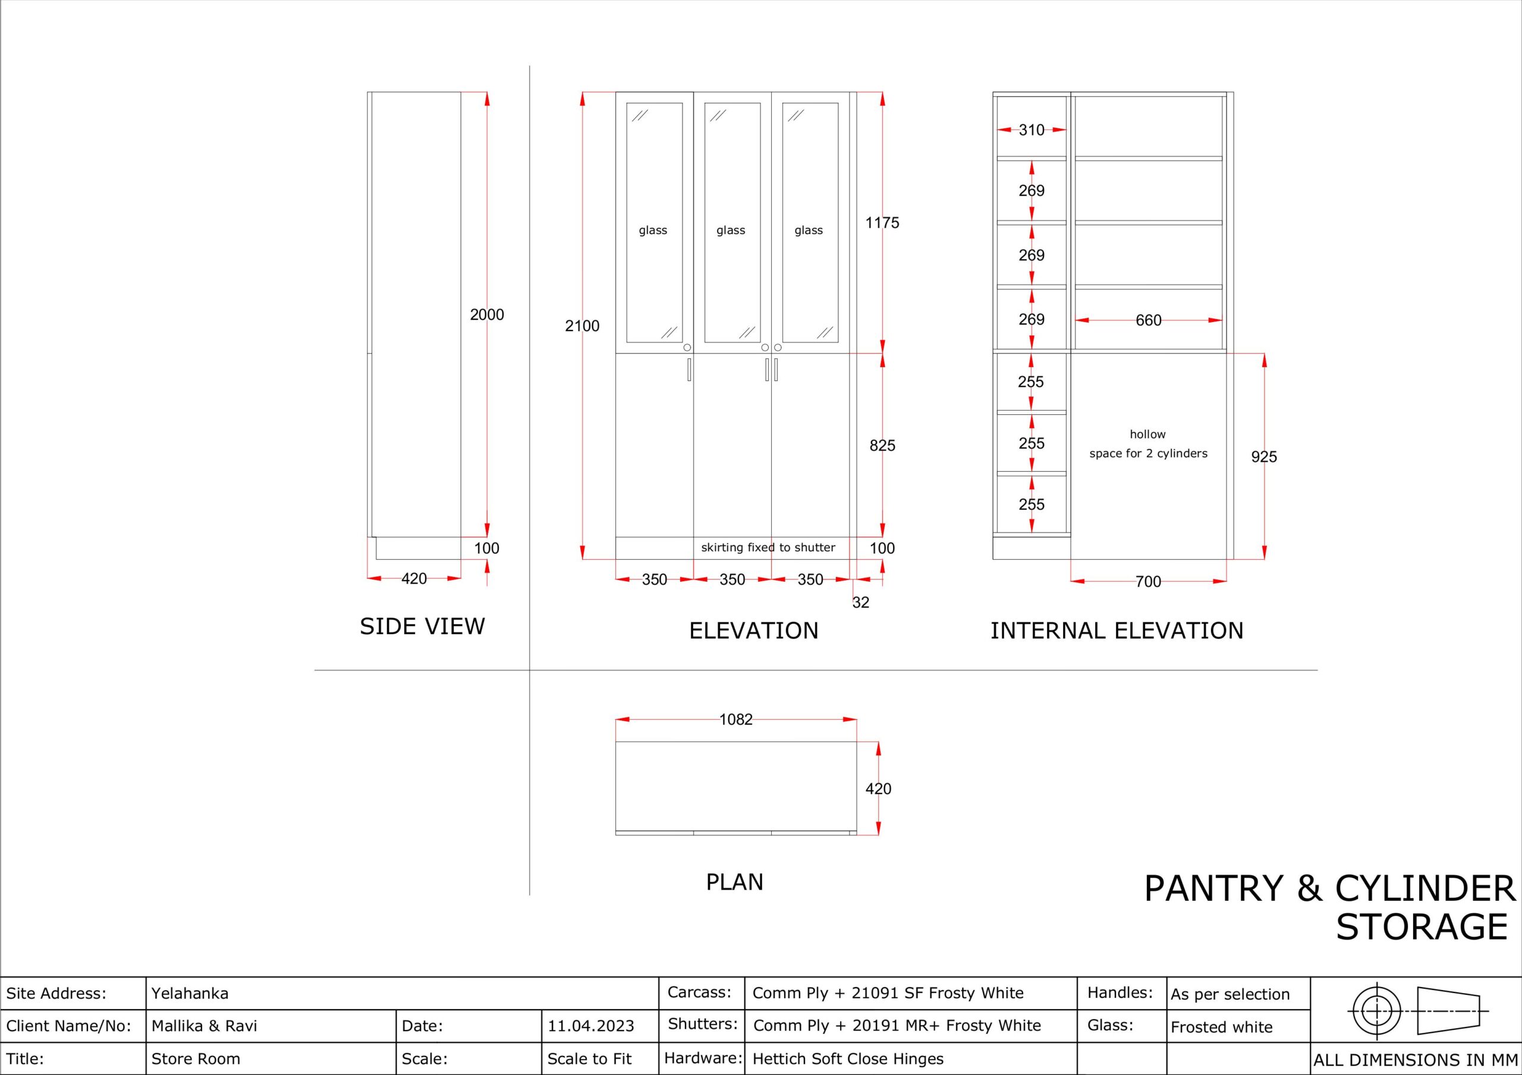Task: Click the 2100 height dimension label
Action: coord(581,326)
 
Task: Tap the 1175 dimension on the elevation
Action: coord(882,223)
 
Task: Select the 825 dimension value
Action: coord(882,445)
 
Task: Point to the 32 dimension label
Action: coord(860,602)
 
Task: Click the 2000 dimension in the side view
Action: coord(486,315)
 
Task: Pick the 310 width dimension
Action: coord(1031,130)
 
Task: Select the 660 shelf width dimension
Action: coord(1148,320)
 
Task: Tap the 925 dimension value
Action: coord(1263,456)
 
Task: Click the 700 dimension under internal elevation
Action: coord(1147,581)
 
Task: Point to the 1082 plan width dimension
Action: coord(736,719)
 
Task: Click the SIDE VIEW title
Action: coord(422,626)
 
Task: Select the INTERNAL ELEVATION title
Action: coord(1117,631)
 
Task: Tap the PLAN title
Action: coord(734,882)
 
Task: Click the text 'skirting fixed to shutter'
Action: coord(768,547)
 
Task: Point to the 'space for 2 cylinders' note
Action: coord(1148,453)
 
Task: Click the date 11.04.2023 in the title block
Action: coord(590,1026)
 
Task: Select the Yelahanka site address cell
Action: coord(190,994)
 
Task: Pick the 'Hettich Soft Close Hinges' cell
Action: coord(848,1058)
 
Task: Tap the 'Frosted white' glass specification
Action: coord(1221,1027)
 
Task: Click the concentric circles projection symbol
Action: coord(1376,1011)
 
